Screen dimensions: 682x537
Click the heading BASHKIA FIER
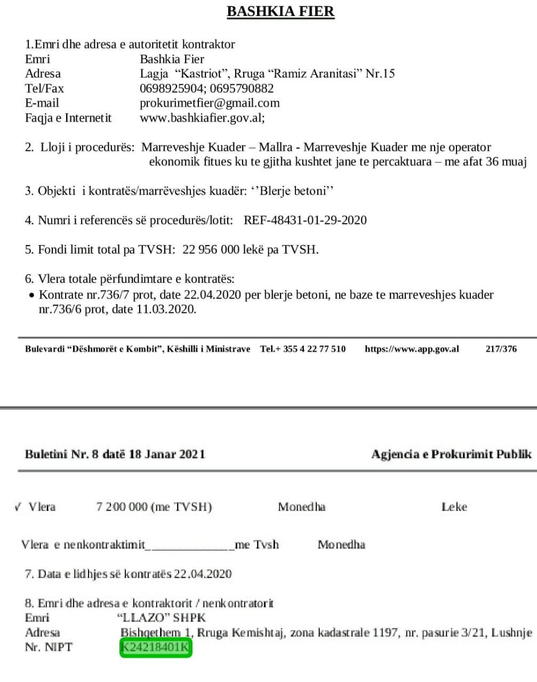coord(280,12)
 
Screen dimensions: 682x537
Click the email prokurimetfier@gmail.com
coord(210,103)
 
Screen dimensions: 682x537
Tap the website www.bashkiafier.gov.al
coord(201,118)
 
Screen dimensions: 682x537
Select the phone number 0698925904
coord(171,88)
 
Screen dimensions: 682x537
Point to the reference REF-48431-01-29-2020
coord(305,220)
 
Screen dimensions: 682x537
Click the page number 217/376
coord(501,349)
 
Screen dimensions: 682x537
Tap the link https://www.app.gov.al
coord(412,349)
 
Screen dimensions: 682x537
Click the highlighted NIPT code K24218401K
coord(155,647)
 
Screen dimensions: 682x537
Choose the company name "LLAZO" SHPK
coord(161,618)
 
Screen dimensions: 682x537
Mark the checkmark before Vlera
coord(18,506)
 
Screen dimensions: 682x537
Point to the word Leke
coord(454,507)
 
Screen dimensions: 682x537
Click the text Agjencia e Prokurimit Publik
coord(451,454)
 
